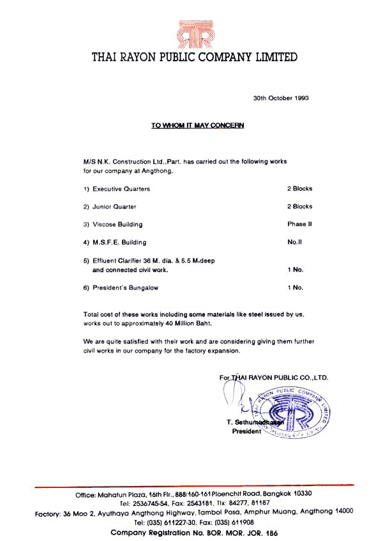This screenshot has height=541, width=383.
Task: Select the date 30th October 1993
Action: (281, 98)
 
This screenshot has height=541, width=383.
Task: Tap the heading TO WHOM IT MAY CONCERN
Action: (197, 126)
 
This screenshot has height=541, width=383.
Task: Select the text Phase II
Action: (299, 224)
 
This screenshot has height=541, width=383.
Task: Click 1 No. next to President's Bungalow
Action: (295, 287)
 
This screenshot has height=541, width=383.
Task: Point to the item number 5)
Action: (87, 261)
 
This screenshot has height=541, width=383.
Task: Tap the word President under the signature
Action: (246, 432)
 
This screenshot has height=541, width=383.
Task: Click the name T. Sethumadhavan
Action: (254, 423)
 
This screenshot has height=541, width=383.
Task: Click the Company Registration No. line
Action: (194, 532)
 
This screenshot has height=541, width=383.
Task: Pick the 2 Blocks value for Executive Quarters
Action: (299, 188)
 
